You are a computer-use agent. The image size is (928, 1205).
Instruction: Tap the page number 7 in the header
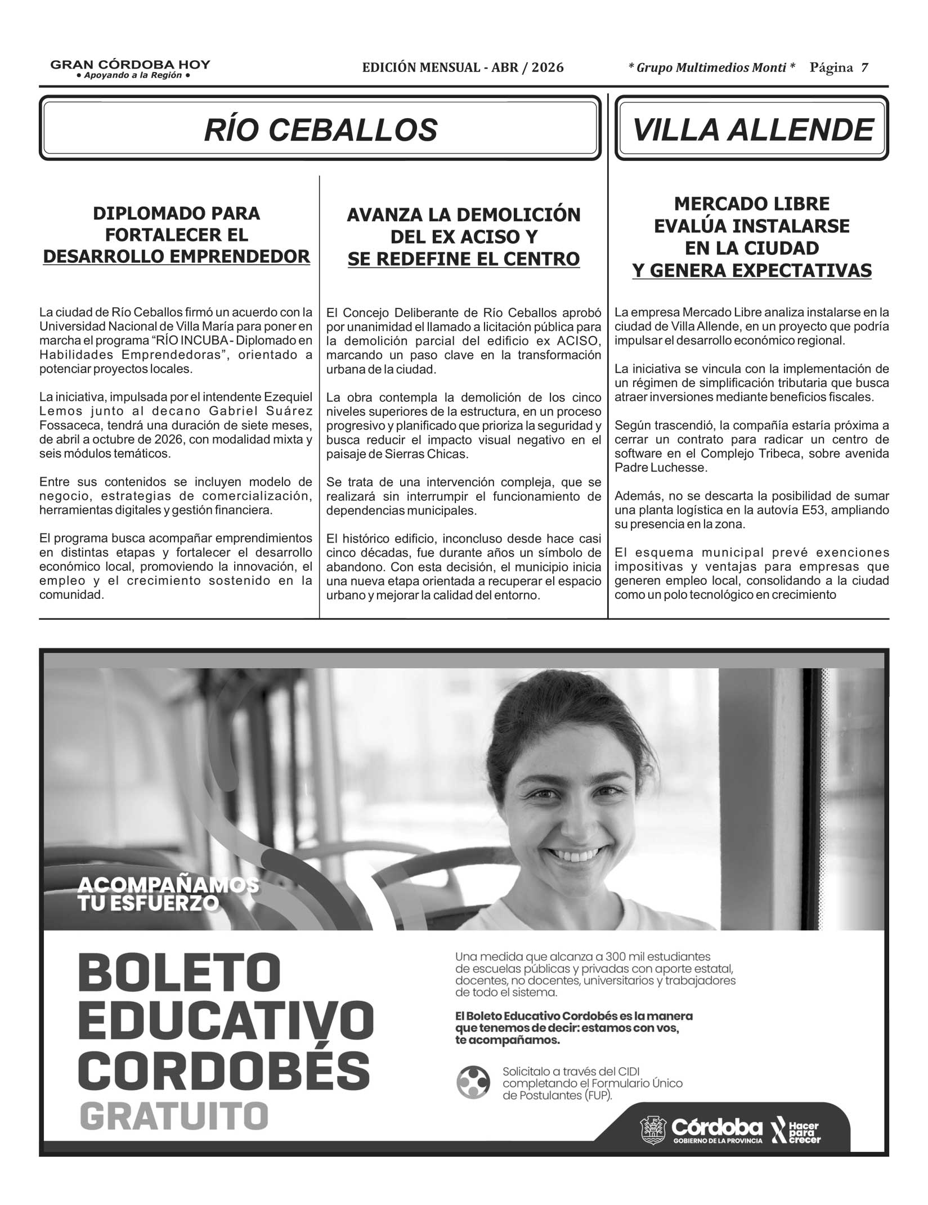(x=864, y=68)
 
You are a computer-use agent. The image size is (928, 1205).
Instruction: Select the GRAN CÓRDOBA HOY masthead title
(x=130, y=65)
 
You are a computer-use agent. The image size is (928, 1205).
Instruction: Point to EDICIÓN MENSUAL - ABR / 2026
(x=463, y=68)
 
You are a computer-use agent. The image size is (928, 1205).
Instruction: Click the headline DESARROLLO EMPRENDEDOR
(x=176, y=257)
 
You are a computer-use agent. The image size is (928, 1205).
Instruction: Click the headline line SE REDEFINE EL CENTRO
(x=463, y=259)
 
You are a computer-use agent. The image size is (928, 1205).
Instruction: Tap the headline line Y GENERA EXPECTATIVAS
(x=751, y=271)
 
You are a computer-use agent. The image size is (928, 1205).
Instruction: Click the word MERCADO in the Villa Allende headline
(x=714, y=203)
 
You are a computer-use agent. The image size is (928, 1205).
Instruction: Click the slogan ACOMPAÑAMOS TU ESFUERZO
(x=168, y=894)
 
